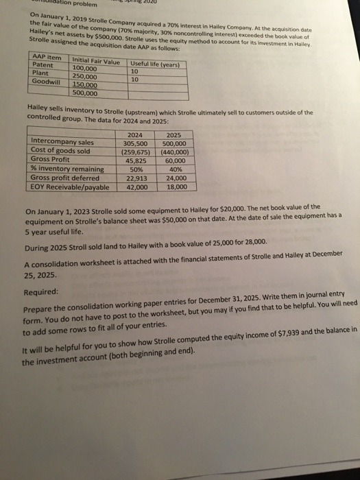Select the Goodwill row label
pos(47,82)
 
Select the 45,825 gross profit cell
pos(136,160)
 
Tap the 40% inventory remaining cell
pos(175,169)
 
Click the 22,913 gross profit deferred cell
pos(136,177)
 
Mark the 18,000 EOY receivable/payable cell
pos(176,185)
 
